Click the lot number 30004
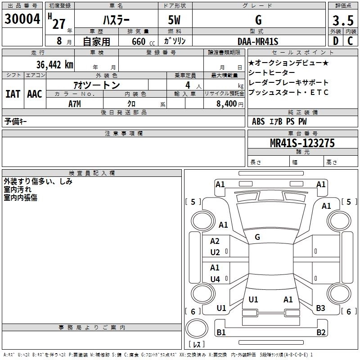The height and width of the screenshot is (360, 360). coord(22,19)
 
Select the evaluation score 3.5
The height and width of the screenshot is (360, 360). coord(342,20)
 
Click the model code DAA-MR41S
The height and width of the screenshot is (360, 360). coord(258,41)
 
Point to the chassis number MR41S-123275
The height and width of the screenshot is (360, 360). coord(302,143)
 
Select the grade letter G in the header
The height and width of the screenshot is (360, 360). coord(258,20)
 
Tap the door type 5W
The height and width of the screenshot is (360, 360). coord(175,20)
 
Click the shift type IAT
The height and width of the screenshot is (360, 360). coord(13,94)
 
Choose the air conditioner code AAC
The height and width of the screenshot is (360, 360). coord(35,94)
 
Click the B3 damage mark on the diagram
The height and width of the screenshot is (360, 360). coord(320,308)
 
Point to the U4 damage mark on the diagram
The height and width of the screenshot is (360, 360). coord(215,279)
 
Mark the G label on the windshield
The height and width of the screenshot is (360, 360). coord(257,237)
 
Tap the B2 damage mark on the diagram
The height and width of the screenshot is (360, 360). coord(320,333)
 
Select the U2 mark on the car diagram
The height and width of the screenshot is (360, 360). coord(215,252)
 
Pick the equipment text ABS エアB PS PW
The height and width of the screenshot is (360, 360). coord(279,121)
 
